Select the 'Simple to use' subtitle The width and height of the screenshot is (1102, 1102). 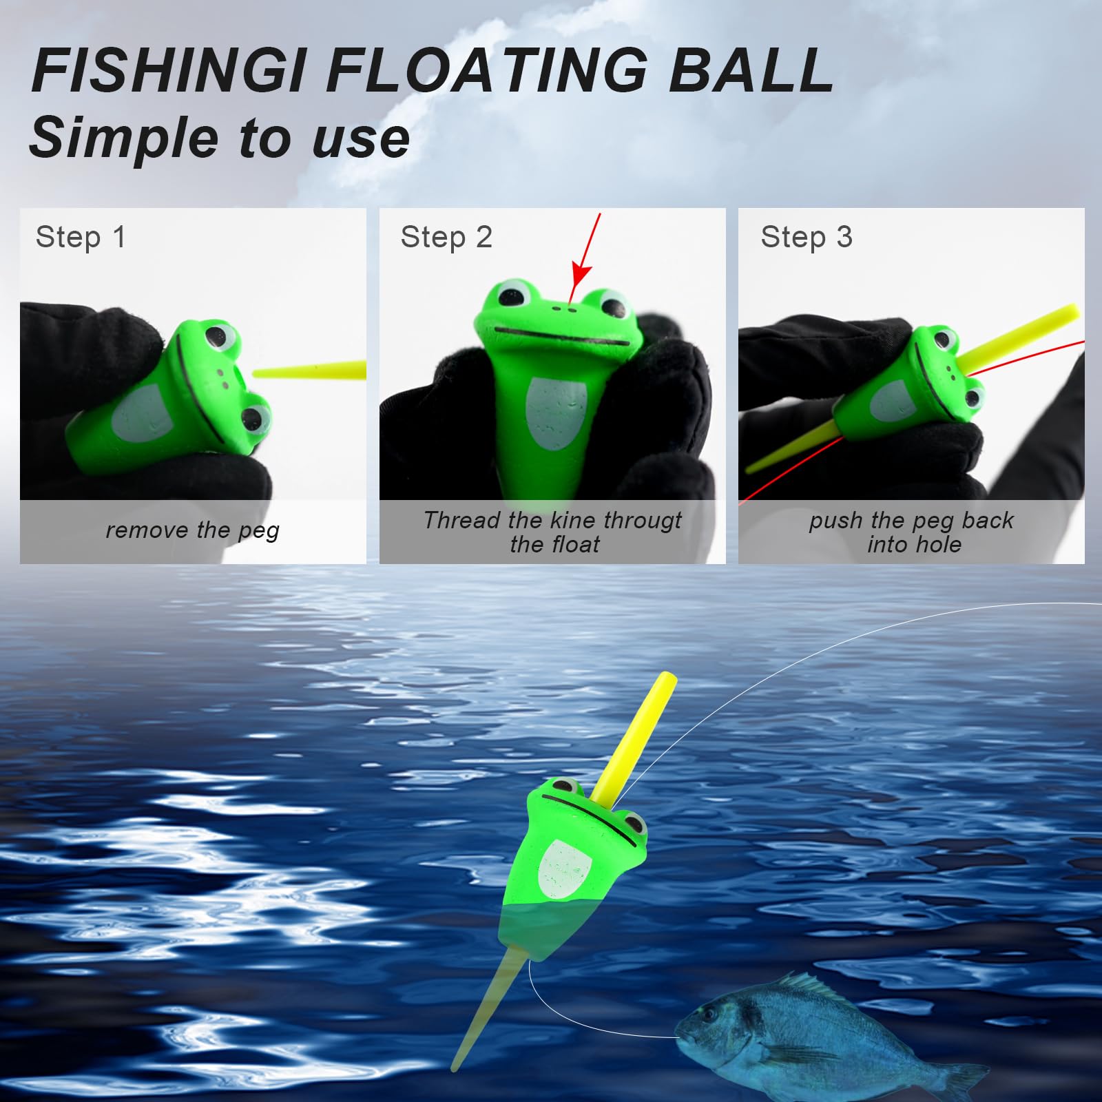pos(220,137)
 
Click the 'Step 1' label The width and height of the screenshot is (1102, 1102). pos(81,237)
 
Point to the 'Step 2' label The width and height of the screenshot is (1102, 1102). pos(446,237)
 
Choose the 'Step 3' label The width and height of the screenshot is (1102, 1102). pos(807,237)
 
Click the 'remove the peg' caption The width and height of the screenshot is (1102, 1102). pos(193,530)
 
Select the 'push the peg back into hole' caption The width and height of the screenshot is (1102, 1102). pos(911,532)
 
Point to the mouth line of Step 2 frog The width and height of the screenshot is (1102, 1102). pos(561,337)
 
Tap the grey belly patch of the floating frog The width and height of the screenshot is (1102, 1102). pos(563,871)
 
